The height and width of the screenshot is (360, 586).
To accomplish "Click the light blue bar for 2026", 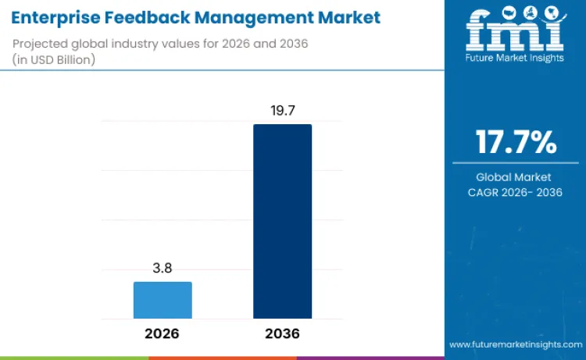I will point(163,300).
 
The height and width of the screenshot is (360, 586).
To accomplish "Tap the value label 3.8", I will point(163,268).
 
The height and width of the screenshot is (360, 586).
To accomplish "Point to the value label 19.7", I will point(282,110).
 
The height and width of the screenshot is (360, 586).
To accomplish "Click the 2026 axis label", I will point(162,333).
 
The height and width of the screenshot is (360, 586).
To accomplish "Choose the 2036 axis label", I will point(282,333).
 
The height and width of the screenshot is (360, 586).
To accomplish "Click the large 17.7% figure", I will point(516,143).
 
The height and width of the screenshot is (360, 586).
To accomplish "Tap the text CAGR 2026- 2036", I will point(516,192).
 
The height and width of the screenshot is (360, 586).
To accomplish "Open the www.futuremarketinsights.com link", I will point(515,344).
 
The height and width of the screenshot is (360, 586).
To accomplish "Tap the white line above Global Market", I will point(516,162).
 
